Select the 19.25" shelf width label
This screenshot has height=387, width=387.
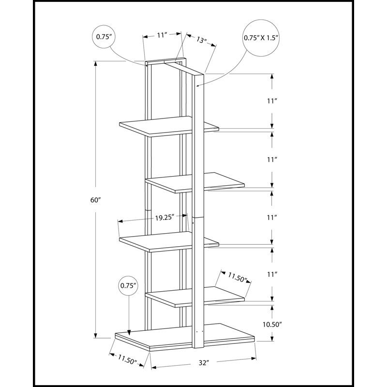[x=164, y=218]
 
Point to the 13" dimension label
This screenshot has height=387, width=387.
[x=202, y=40]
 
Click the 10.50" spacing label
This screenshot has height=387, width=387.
[x=272, y=325]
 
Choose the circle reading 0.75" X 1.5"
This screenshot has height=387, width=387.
[x=261, y=38]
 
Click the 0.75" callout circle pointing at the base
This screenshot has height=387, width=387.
[x=128, y=286]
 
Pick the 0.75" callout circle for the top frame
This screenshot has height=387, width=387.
[x=104, y=37]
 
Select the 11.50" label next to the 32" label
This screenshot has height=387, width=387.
[x=127, y=359]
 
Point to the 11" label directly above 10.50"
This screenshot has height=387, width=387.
[x=271, y=274]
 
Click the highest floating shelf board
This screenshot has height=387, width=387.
[x=169, y=126]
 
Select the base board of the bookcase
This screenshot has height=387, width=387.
[x=185, y=337]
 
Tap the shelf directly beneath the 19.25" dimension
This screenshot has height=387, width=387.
[x=169, y=241]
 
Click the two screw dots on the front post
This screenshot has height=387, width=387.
[x=199, y=332]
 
